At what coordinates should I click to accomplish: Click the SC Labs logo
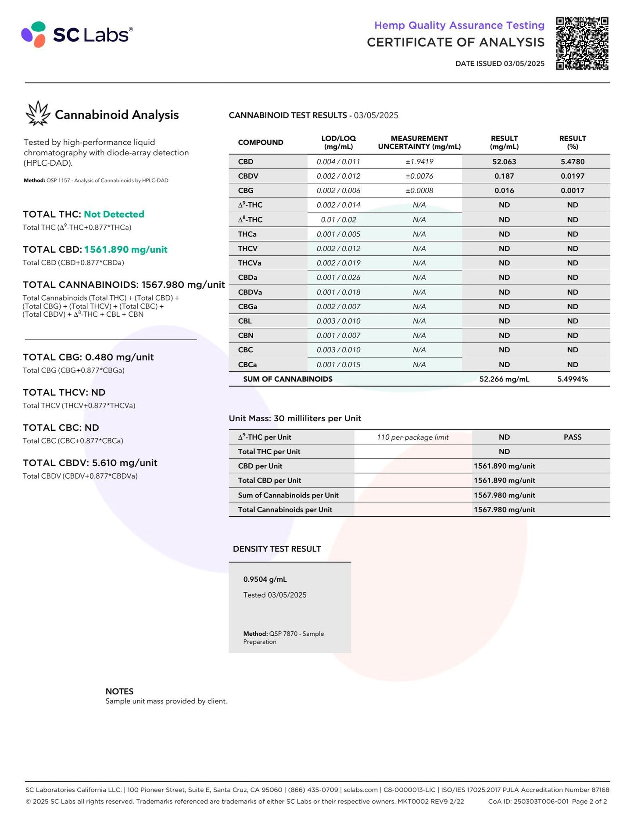click(77, 34)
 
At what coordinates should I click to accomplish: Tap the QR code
click(582, 43)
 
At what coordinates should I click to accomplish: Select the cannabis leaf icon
click(38, 114)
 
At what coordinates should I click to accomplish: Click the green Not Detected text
click(114, 214)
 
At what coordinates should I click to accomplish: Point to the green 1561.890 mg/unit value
click(126, 249)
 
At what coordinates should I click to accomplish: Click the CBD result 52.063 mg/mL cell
click(504, 161)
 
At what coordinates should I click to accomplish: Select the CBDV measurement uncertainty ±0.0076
click(419, 176)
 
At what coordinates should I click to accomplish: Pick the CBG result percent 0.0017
click(572, 190)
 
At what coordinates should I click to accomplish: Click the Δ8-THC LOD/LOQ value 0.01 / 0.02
click(338, 219)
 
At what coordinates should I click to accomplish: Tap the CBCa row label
click(247, 365)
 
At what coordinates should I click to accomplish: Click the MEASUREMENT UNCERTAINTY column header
click(419, 142)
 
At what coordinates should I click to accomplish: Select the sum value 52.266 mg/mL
click(504, 379)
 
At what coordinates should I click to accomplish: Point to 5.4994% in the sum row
click(572, 379)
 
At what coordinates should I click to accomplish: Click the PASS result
click(572, 437)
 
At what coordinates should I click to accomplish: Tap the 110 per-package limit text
click(412, 437)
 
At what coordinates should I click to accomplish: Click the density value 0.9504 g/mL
click(265, 579)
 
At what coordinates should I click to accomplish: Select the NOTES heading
click(119, 691)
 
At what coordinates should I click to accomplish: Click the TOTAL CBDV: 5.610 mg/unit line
click(90, 463)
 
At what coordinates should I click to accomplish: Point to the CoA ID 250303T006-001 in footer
click(528, 801)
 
